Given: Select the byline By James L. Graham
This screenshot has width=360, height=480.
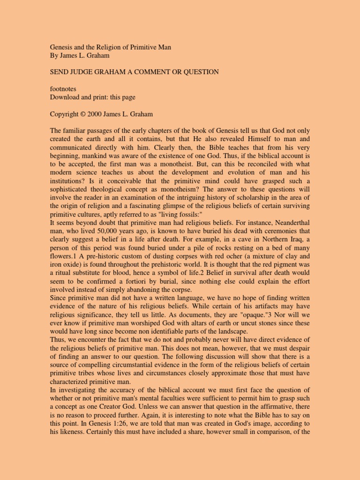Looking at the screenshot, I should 80,56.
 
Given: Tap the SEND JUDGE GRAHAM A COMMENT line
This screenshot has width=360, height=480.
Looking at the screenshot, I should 135,72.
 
